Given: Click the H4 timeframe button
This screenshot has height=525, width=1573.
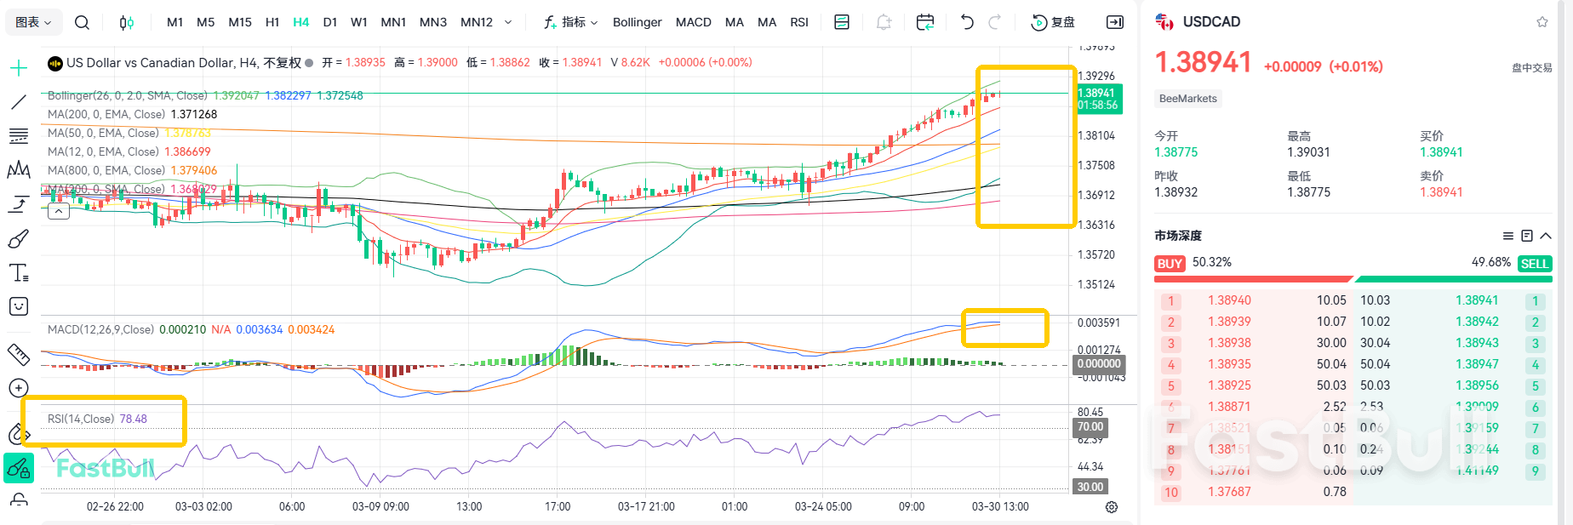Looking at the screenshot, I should pos(300,22).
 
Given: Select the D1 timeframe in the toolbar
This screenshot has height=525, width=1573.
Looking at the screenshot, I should pos(330,22).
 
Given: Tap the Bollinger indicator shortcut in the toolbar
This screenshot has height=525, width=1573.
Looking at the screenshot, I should pos(637,22).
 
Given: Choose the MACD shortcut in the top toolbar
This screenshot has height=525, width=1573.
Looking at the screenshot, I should pos(693,22).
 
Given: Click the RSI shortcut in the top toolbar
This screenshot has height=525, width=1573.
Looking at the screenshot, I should pos(798,22).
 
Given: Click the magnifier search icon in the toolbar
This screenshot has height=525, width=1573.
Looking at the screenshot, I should pos(82,22).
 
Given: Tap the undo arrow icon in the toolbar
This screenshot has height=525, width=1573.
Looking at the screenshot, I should pos(967,22).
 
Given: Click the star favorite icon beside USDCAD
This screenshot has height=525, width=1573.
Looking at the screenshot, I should pos(1542,22).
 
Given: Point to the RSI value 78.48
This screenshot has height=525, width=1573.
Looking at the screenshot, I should pos(133,419).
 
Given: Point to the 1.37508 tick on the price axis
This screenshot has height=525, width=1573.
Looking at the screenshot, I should pos(1095,165).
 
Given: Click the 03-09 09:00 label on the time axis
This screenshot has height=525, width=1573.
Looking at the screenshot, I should pos(380,506).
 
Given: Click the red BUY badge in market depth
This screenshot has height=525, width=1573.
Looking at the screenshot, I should pos(1170,264).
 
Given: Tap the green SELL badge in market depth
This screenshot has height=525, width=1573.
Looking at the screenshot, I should pos(1534,264).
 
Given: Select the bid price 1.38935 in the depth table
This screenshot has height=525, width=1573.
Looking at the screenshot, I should pos(1229,364).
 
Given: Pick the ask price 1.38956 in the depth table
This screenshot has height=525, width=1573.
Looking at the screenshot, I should pos(1476,385).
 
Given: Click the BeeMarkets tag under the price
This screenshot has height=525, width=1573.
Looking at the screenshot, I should pos(1187,99).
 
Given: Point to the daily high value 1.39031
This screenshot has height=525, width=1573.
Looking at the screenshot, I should pos(1308,152).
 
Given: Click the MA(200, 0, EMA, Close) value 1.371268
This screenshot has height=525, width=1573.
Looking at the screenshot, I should pos(193,114).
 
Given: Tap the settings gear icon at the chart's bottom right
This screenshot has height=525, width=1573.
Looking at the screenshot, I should pos(1111,507).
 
